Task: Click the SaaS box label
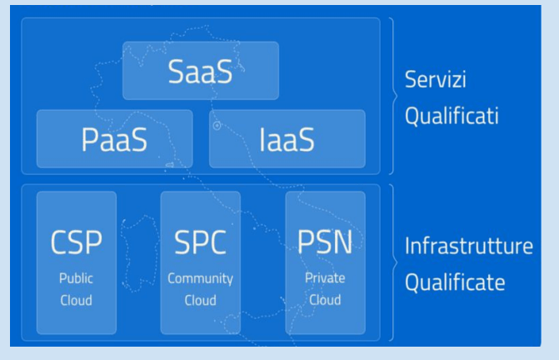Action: (200, 72)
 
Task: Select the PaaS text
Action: (114, 139)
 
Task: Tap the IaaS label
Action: (287, 139)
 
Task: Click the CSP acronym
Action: (77, 242)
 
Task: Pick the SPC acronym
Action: (200, 242)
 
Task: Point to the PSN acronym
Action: (325, 242)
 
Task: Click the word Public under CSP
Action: (76, 278)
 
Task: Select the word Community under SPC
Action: (200, 278)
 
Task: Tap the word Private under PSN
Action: (325, 278)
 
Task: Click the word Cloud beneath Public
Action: (76, 300)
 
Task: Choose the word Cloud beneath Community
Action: (200, 300)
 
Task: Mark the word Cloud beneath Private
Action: (325, 300)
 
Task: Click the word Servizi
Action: (436, 79)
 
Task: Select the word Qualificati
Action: (452, 116)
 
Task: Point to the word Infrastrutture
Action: (469, 246)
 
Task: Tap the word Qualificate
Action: (455, 282)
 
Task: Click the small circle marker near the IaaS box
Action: (217, 126)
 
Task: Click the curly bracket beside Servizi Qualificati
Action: (395, 96)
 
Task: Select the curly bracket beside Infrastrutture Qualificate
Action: (395, 262)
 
